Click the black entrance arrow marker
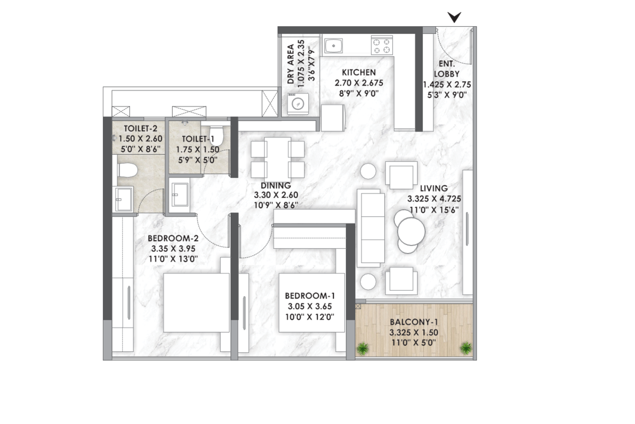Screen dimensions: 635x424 click(454, 16)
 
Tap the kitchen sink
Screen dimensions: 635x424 click(333, 46)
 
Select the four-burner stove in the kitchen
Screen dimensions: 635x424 click(381, 45)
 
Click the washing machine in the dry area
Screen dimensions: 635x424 click(298, 104)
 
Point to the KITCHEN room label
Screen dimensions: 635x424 click(359, 72)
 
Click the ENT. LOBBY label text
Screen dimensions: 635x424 click(446, 69)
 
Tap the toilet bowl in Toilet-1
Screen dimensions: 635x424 click(216, 136)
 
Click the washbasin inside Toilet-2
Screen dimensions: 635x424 click(123, 199)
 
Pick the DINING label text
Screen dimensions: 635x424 click(276, 186)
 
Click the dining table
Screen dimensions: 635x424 click(277, 159)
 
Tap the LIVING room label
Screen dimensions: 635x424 click(434, 188)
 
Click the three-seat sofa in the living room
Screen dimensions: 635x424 click(371, 228)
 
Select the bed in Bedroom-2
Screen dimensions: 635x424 click(196, 302)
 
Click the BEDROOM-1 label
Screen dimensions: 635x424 click(310, 296)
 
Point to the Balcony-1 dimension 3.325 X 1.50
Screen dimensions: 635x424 click(414, 332)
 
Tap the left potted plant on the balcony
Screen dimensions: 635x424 click(363, 348)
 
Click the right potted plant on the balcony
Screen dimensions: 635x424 click(466, 348)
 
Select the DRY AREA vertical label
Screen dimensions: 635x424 click(290, 64)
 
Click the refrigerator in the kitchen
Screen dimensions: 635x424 click(333, 118)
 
